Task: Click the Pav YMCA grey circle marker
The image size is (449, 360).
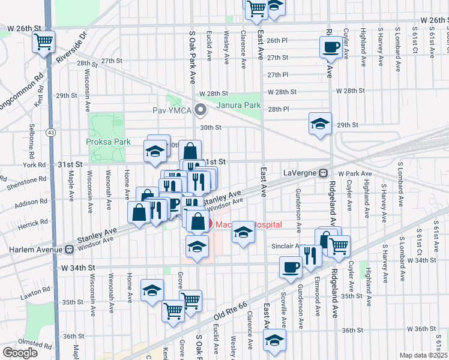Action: click(201, 110)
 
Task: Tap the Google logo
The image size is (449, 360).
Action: click(19, 353)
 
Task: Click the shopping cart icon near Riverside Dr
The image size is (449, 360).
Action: click(43, 43)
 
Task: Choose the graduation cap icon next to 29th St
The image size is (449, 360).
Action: click(320, 124)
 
